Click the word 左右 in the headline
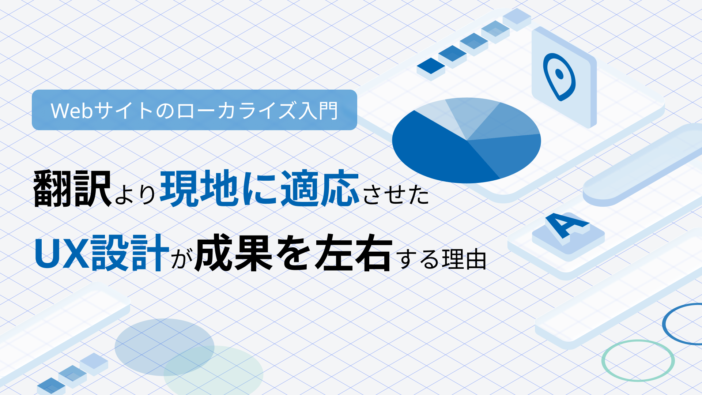point(353,253)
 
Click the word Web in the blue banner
point(72,111)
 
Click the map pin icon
point(559,77)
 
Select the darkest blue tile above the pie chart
point(431,66)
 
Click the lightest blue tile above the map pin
point(517,16)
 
